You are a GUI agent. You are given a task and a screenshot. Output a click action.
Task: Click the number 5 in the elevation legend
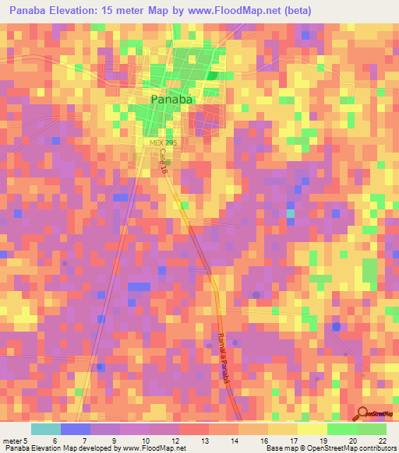26,440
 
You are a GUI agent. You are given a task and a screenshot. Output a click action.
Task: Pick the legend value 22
382,440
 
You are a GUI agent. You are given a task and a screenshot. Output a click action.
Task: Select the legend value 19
323,440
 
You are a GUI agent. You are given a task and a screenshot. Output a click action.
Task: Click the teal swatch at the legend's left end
45,429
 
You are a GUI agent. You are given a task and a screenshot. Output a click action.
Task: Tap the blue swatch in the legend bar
75,429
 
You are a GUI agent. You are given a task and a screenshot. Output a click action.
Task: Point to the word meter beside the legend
11,440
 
